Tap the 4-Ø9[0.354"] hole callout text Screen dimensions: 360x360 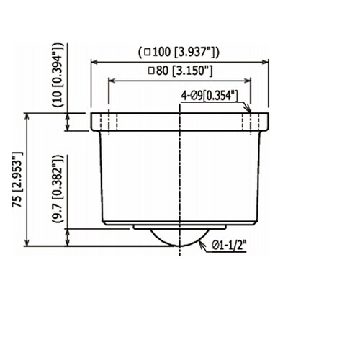[x=210, y=96]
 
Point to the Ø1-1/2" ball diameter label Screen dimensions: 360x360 [x=229, y=246]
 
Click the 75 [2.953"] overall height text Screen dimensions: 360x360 [x=17, y=179]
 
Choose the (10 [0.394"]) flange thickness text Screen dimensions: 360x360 [x=58, y=75]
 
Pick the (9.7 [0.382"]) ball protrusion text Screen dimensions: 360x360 [x=58, y=189]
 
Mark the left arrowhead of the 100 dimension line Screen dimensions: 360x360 [x=94, y=62]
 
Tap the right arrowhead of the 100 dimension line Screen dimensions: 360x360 [x=265, y=62]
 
